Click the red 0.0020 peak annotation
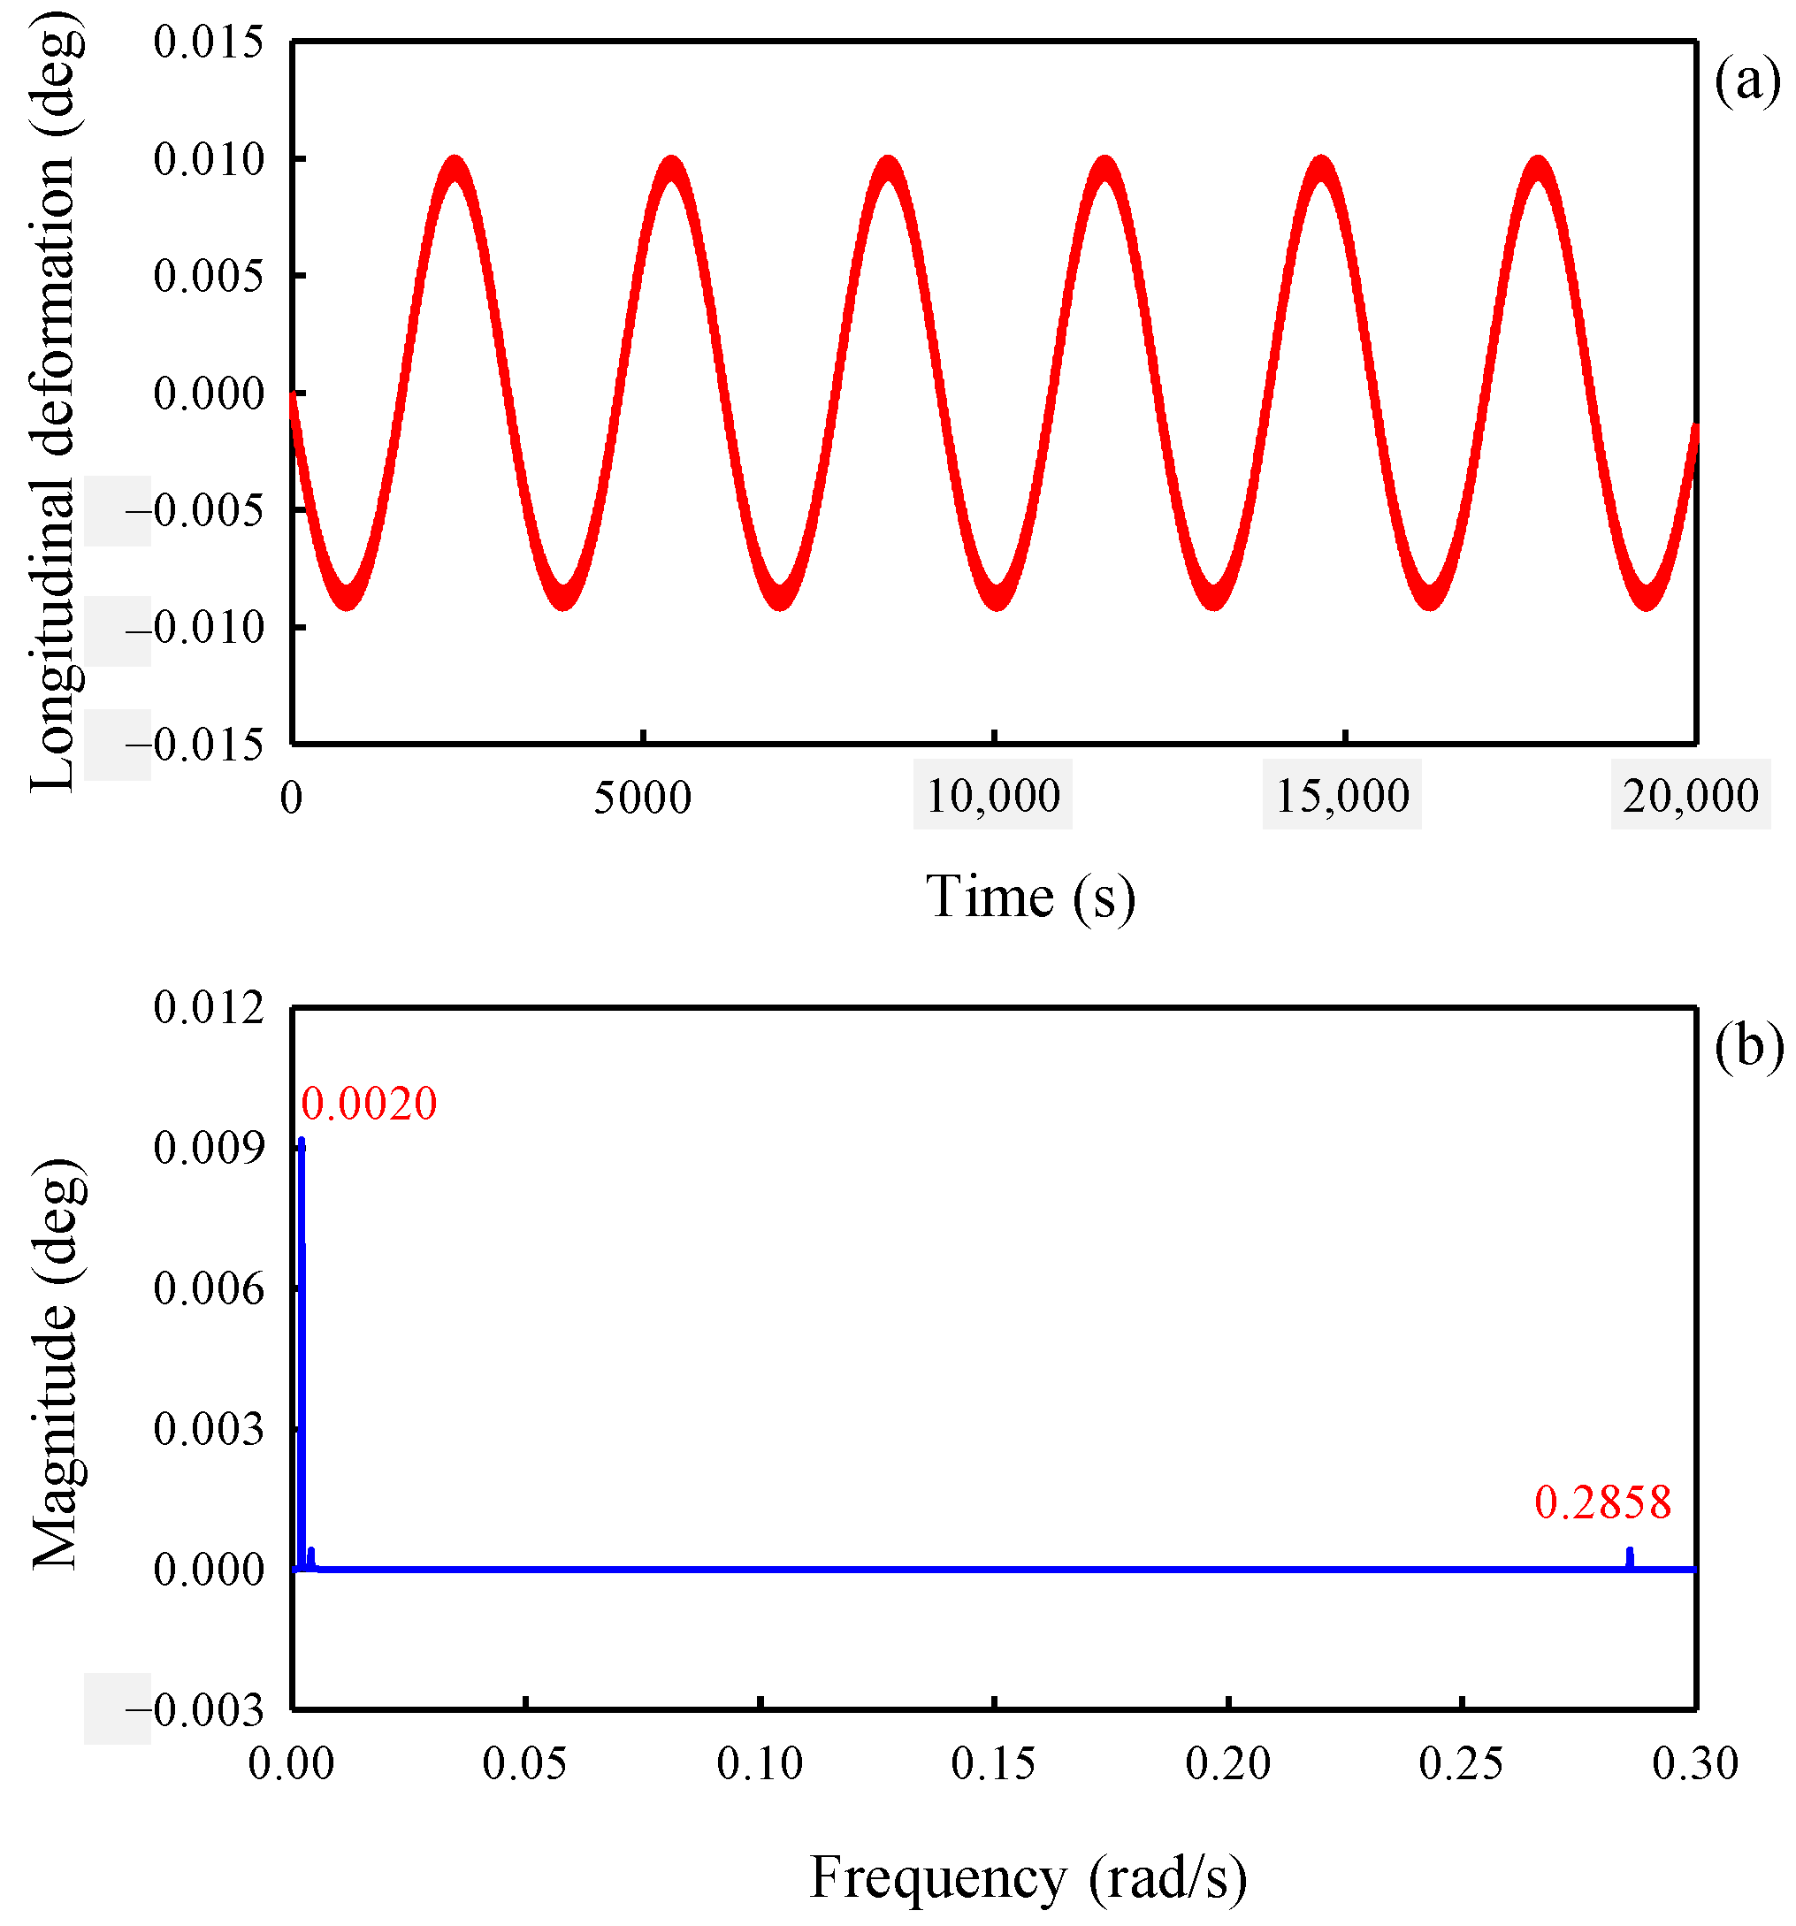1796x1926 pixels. (x=368, y=1104)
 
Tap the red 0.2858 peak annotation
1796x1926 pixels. (x=1602, y=1502)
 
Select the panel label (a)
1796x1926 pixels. (x=1746, y=82)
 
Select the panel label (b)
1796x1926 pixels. (x=1747, y=1046)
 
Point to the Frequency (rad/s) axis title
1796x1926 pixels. (x=1028, y=1876)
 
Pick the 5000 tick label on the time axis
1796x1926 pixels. (x=642, y=797)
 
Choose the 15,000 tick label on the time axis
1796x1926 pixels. (x=1341, y=795)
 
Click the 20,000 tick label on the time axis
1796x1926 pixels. (x=1691, y=795)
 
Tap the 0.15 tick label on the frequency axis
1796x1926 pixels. (x=994, y=1764)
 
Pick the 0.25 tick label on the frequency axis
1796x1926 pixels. (x=1461, y=1764)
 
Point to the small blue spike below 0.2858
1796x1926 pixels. (x=1630, y=1558)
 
